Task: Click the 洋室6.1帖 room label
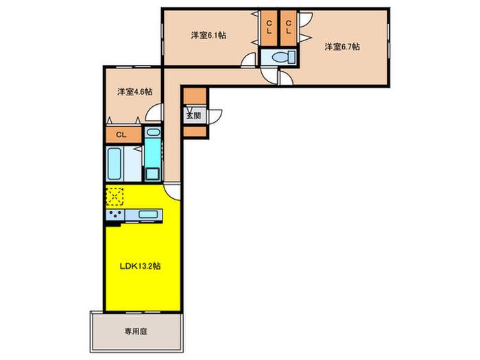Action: (x=208, y=35)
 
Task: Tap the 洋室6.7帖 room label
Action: (x=342, y=47)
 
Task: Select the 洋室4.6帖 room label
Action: (x=135, y=91)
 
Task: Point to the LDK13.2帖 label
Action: (x=140, y=266)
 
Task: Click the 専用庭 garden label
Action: (x=136, y=331)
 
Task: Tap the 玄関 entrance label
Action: (x=194, y=116)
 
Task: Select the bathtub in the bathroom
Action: (x=114, y=164)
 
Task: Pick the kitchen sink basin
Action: (x=148, y=214)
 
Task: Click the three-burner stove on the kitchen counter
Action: (x=115, y=215)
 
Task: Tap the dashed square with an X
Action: (x=115, y=197)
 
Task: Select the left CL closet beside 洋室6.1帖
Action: (x=269, y=28)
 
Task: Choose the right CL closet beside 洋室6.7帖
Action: (x=289, y=28)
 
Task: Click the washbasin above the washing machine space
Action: (x=153, y=132)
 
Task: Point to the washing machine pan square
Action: (x=152, y=174)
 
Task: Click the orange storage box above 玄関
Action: (x=195, y=96)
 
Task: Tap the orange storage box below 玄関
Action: (x=195, y=132)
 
